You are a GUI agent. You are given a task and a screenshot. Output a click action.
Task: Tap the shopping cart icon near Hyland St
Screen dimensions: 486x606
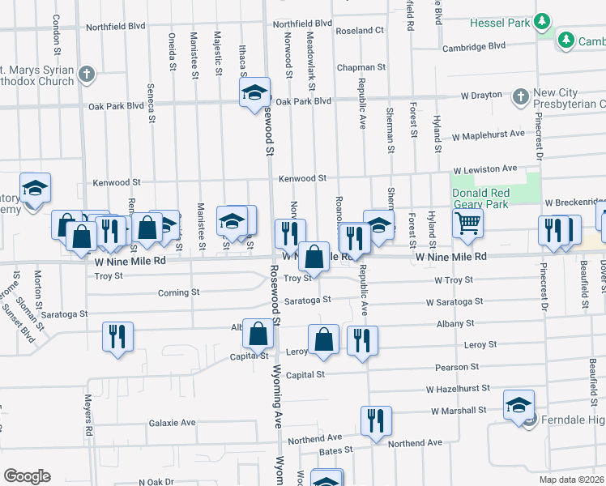(x=467, y=223)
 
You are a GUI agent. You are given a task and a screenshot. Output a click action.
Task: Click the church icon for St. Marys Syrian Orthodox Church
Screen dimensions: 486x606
(x=87, y=76)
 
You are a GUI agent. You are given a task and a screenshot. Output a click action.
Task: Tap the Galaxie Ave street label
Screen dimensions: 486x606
(x=173, y=423)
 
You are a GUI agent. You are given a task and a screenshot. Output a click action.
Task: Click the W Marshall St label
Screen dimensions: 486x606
(x=459, y=411)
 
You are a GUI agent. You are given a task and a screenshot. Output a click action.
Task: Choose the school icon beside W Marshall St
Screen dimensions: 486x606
(x=519, y=406)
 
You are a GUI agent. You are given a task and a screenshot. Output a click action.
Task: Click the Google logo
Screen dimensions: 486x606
(x=27, y=476)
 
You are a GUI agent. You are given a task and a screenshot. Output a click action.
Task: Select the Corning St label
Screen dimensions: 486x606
(x=178, y=293)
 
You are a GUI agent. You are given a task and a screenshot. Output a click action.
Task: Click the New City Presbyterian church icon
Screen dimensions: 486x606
(x=519, y=98)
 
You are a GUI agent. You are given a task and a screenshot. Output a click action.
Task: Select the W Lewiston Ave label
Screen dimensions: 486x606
(x=485, y=168)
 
